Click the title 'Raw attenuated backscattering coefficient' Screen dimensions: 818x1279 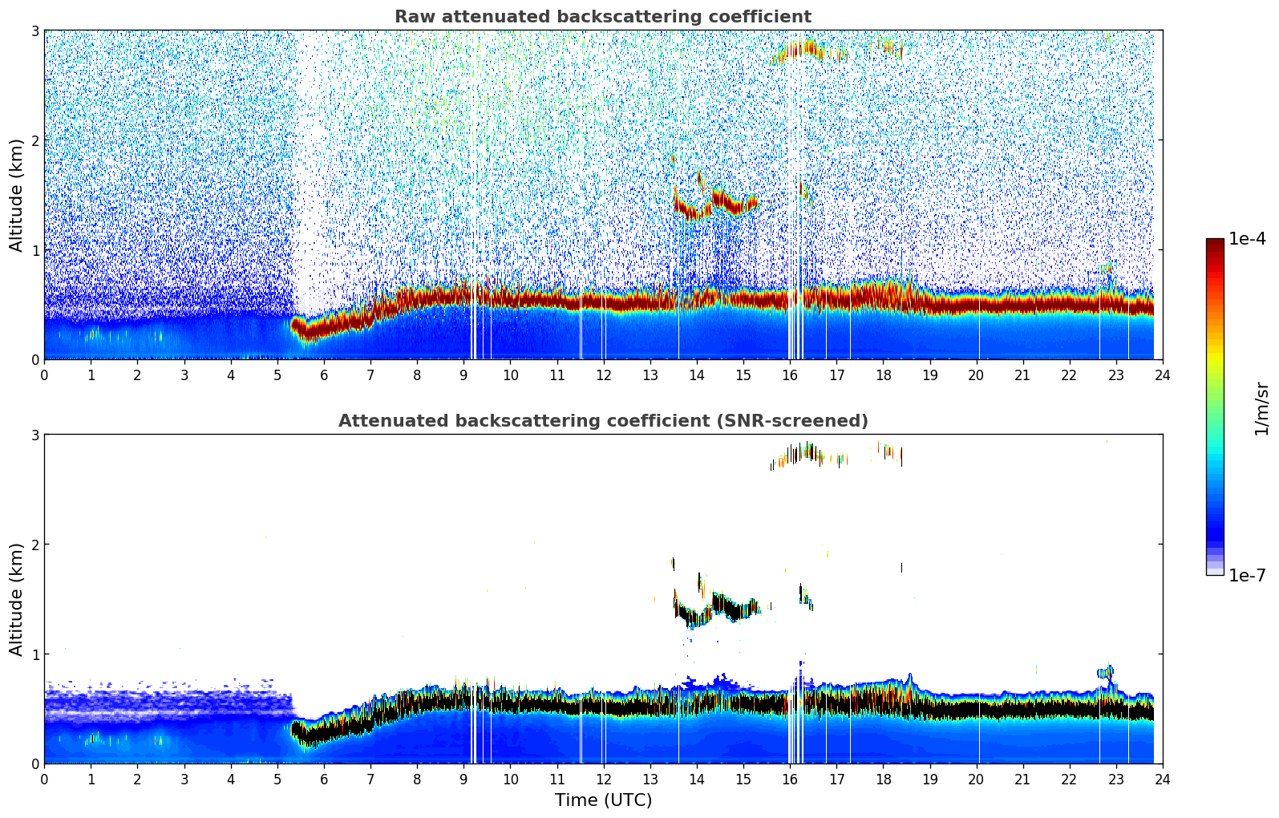point(602,17)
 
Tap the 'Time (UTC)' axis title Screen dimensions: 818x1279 point(603,800)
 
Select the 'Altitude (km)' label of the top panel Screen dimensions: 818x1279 point(17,195)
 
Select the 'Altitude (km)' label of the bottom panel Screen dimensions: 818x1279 point(17,599)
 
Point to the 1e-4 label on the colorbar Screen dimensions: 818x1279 point(1247,239)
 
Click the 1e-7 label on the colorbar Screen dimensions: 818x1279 point(1247,575)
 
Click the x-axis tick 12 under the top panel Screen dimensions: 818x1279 point(603,375)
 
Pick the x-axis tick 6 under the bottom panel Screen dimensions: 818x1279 point(324,779)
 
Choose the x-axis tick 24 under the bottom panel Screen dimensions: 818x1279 point(1162,779)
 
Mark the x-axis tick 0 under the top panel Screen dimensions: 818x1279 point(44,375)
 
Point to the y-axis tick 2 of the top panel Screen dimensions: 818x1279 point(34,140)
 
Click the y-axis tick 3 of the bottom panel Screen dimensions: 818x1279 point(34,435)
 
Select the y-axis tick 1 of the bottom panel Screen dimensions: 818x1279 point(34,654)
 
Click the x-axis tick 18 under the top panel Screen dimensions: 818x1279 point(883,375)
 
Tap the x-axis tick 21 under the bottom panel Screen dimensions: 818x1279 point(1022,779)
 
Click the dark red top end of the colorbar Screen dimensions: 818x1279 point(1215,242)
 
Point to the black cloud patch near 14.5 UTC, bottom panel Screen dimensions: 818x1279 point(726,605)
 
